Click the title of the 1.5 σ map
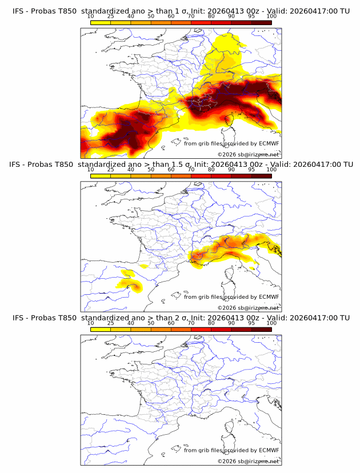tap(180, 165)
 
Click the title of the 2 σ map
tap(180, 318)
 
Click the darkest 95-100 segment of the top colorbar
tap(261, 23)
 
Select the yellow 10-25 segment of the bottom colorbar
tap(101, 329)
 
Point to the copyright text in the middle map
tap(248, 307)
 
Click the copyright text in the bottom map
tap(248, 461)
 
